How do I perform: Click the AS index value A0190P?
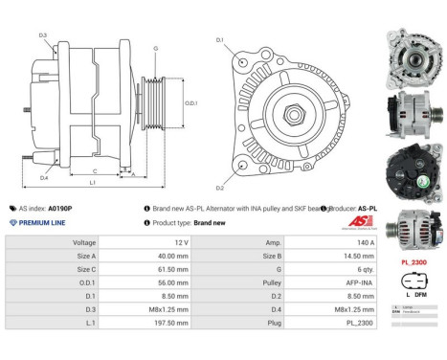60,208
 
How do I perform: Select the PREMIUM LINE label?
42,222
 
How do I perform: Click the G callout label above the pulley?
156,47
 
